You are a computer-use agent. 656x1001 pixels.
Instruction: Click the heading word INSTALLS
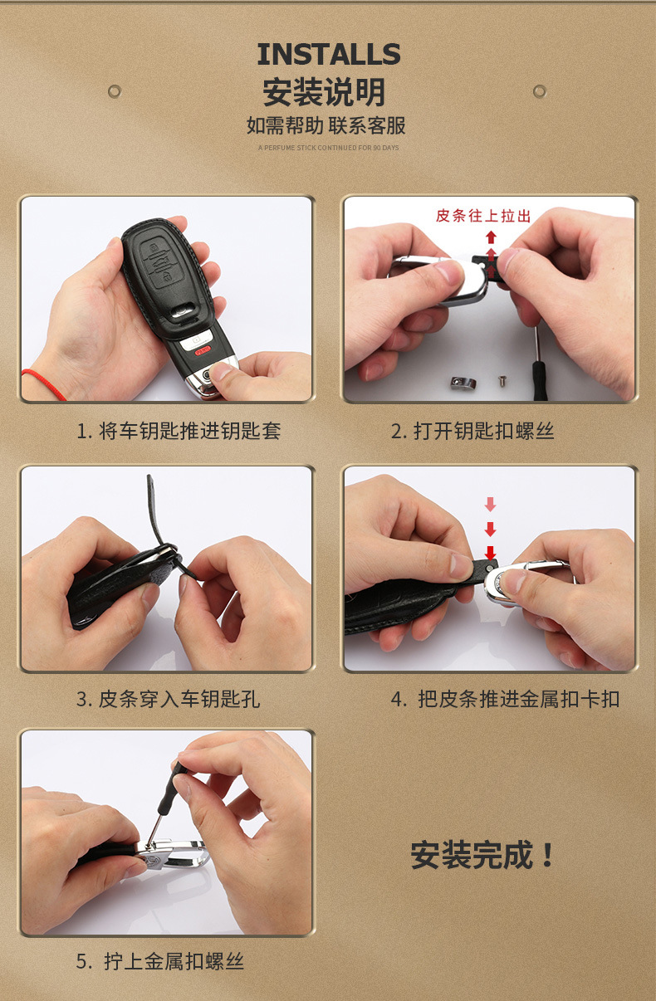click(329, 54)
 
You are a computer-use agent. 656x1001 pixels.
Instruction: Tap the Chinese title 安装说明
click(324, 92)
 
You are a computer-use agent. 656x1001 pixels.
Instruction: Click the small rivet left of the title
click(115, 91)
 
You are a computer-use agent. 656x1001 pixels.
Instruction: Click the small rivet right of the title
click(540, 91)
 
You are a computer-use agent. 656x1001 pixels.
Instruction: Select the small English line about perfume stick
click(328, 148)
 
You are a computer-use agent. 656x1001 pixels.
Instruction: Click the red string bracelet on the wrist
click(43, 383)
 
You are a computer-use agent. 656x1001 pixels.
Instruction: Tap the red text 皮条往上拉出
click(483, 216)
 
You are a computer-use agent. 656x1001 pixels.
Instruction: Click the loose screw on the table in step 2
click(502, 381)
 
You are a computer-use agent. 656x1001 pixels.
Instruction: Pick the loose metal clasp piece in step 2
click(463, 383)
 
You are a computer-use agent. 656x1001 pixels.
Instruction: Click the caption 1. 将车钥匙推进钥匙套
click(179, 431)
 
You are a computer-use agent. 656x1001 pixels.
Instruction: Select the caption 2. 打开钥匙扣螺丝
click(472, 431)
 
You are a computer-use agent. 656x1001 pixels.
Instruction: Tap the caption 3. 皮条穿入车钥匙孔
click(168, 699)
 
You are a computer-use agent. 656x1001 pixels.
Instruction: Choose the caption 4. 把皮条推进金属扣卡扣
click(506, 699)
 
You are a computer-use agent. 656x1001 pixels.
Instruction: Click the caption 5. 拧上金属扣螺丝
click(159, 961)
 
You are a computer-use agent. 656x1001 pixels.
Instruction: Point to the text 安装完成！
click(482, 855)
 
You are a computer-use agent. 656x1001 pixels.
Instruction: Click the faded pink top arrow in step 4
click(491, 505)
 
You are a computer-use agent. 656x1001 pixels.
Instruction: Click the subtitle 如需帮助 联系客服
click(326, 125)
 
